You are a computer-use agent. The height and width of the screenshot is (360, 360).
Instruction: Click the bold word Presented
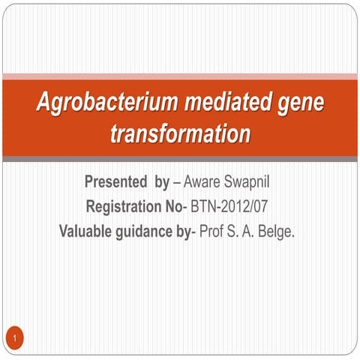[115, 181]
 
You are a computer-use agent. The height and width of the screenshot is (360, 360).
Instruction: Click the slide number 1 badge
[15, 341]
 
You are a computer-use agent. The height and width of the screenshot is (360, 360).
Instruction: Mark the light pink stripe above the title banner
[180, 76]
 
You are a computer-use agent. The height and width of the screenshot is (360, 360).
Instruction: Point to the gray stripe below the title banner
[180, 159]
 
